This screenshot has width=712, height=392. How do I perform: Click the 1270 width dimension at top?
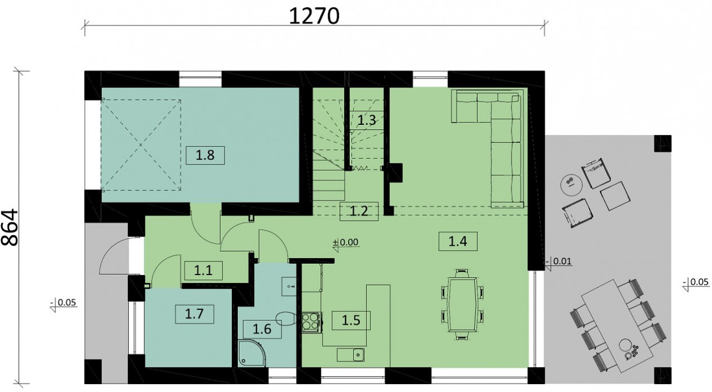click(314, 16)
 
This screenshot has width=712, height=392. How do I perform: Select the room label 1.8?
click(205, 155)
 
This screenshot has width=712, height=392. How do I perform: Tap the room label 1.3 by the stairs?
click(367, 119)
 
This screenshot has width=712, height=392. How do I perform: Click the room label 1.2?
click(359, 212)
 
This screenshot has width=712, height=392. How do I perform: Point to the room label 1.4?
click(458, 241)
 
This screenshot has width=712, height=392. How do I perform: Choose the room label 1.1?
click(203, 271)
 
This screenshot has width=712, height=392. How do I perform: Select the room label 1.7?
click(194, 313)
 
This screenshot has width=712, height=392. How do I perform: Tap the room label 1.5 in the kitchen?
click(350, 321)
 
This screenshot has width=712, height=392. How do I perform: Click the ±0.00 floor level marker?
click(346, 243)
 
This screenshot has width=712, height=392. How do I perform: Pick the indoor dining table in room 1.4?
click(463, 305)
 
